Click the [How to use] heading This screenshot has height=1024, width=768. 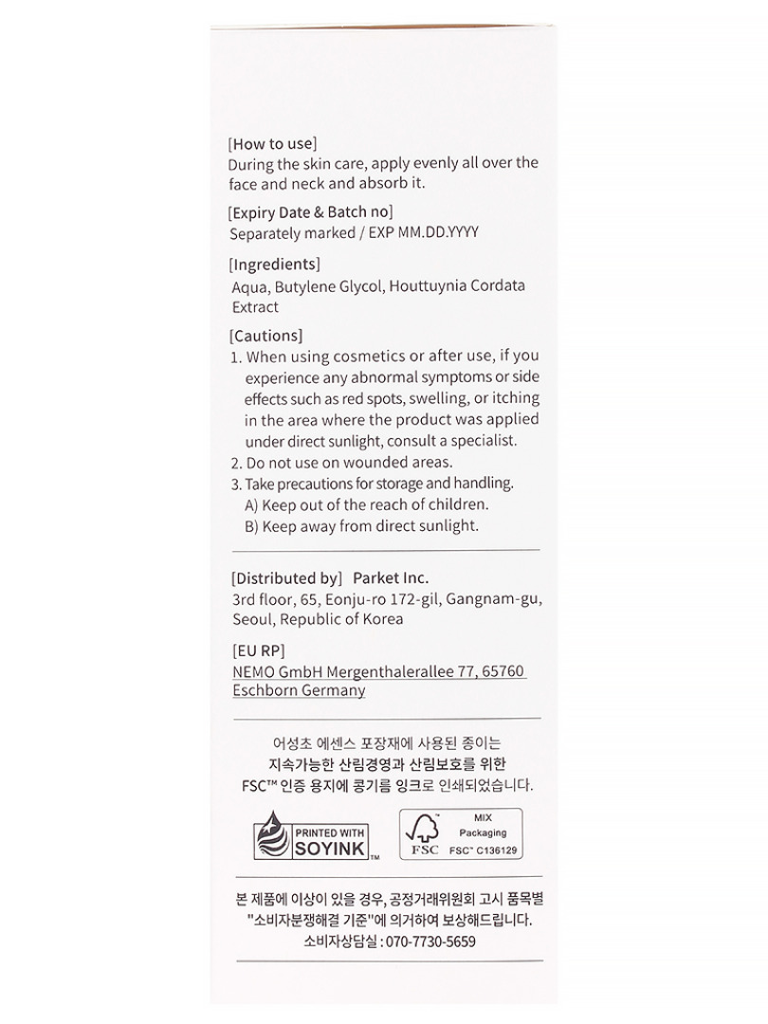tap(273, 144)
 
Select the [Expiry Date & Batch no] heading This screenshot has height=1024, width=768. tap(311, 212)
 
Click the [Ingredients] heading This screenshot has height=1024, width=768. tap(276, 265)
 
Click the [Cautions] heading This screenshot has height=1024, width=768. tap(266, 336)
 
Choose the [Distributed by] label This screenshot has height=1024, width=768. tap(286, 578)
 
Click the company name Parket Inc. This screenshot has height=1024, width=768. tap(391, 578)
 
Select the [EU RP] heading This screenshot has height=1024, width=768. tap(258, 650)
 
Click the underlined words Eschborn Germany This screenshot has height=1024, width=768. tap(299, 691)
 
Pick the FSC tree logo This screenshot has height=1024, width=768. tap(424, 834)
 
